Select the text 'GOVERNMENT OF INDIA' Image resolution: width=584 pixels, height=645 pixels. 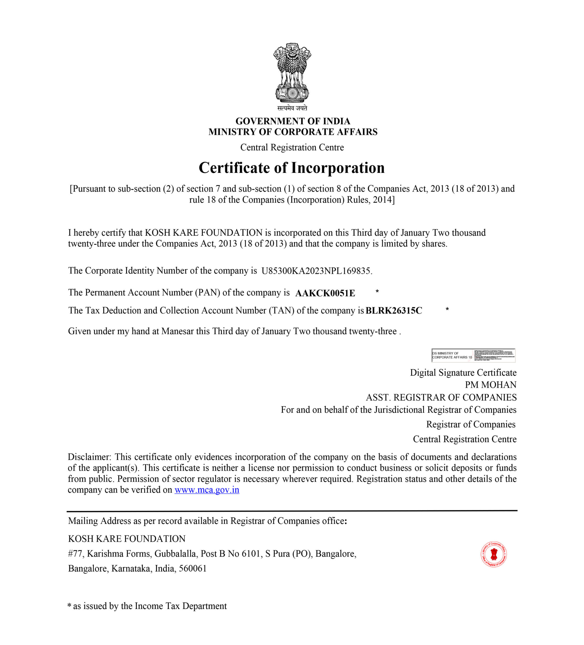click(x=293, y=121)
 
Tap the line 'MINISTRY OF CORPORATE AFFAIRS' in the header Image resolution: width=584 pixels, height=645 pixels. click(x=293, y=132)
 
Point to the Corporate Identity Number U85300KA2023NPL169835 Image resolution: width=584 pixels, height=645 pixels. click(x=316, y=271)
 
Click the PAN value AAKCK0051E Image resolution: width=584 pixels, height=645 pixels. click(x=325, y=293)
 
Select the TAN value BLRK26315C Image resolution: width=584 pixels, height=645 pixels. click(x=393, y=311)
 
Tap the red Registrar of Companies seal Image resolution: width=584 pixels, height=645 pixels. click(x=494, y=555)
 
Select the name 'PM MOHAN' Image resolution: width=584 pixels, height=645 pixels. click(x=490, y=385)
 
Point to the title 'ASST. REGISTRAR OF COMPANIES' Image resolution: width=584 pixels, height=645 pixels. click(x=441, y=397)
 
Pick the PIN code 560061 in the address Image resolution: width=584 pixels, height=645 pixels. click(x=193, y=569)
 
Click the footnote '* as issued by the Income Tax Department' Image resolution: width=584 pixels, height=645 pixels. click(x=147, y=606)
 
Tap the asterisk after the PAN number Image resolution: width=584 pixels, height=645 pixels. click(x=377, y=292)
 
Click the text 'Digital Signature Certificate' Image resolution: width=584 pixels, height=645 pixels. click(x=463, y=373)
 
